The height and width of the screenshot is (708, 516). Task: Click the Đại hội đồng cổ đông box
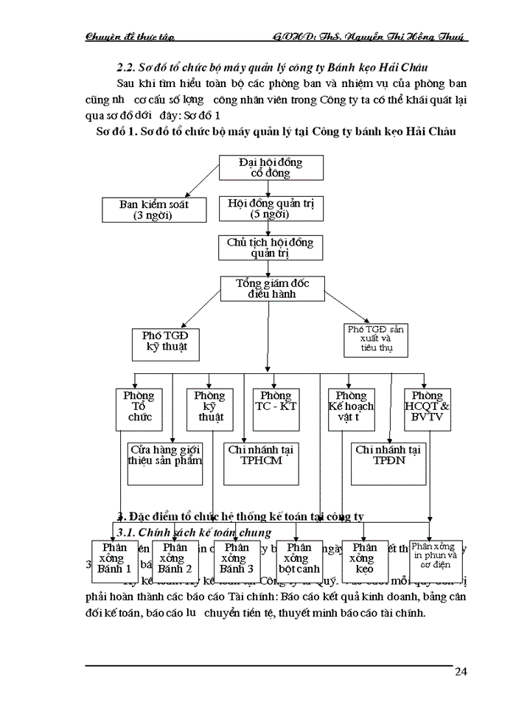[261, 167]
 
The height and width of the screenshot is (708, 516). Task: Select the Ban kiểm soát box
[154, 210]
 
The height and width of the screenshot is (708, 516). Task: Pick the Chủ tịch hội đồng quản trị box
[261, 247]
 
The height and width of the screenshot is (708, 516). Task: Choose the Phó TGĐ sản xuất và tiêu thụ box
[377, 339]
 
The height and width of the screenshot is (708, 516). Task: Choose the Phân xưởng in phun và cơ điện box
[436, 560]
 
